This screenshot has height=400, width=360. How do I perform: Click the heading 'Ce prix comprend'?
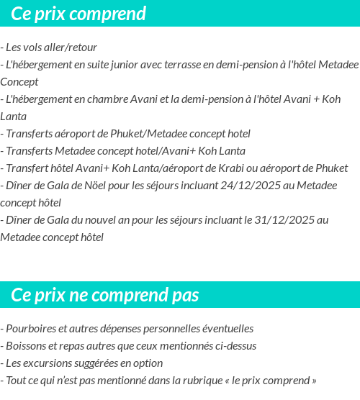click(x=78, y=14)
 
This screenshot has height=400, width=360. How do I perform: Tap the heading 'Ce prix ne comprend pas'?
click(x=105, y=295)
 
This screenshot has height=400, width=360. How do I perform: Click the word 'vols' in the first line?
click(x=38, y=47)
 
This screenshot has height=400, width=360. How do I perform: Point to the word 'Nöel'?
click(x=86, y=186)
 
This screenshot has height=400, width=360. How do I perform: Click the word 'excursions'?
click(x=48, y=363)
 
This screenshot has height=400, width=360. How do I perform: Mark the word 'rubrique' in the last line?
click(x=220, y=381)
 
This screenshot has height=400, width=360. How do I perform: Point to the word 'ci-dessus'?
click(x=235, y=346)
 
